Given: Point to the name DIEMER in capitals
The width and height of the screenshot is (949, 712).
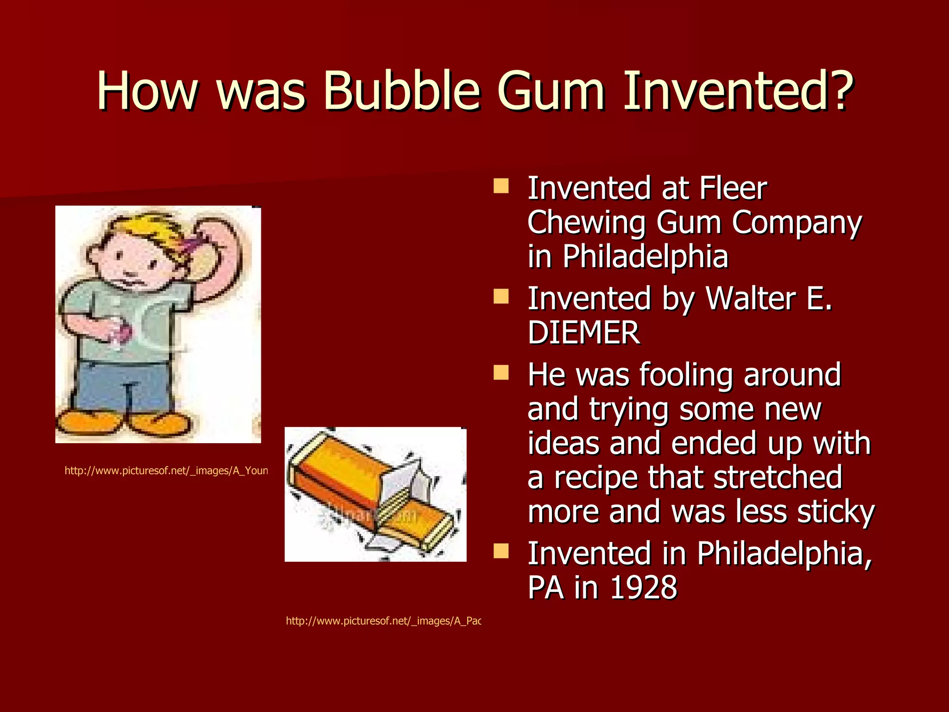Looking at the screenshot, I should (x=584, y=332).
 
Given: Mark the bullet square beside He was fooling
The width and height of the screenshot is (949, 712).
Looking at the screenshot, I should (x=501, y=373).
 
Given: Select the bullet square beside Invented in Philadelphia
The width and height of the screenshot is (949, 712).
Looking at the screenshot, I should (x=501, y=551).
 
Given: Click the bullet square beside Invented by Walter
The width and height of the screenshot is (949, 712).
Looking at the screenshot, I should (x=501, y=296).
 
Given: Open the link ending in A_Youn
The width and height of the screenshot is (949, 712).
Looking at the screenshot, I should (x=166, y=471).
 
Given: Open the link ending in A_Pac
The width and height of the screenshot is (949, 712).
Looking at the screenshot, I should (x=383, y=621).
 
